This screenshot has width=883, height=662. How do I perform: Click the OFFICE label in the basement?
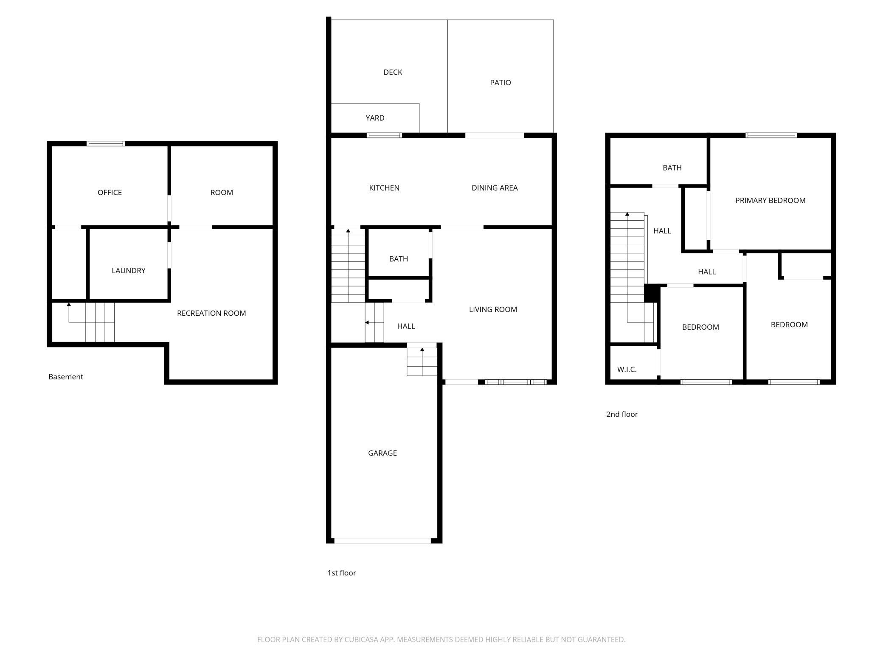point(110,193)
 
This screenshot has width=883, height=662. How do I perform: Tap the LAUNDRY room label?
point(129,271)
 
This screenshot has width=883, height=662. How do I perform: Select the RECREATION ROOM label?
point(211,313)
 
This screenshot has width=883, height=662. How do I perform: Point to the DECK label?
point(393,72)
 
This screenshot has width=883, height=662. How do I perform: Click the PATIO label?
point(501,83)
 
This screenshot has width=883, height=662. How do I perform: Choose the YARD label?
point(375,118)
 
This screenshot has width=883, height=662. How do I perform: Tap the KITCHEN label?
point(384,188)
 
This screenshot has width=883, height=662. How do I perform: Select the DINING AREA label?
point(495,188)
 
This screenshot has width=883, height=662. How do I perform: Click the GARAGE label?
point(382,453)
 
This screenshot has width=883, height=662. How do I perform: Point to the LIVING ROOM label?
point(493,310)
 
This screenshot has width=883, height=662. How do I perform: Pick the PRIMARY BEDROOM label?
point(770,201)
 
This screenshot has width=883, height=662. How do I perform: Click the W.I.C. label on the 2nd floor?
point(627,370)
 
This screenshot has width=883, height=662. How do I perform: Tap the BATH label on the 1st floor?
point(399,259)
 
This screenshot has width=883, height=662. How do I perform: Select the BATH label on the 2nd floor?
point(672,168)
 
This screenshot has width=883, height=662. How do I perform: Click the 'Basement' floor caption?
point(66,377)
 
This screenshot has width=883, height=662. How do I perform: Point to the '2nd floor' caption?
point(622,414)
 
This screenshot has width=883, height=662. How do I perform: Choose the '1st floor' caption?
point(342,573)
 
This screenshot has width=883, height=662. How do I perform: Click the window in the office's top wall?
point(106,143)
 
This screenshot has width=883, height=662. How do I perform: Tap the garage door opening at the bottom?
point(382,541)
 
